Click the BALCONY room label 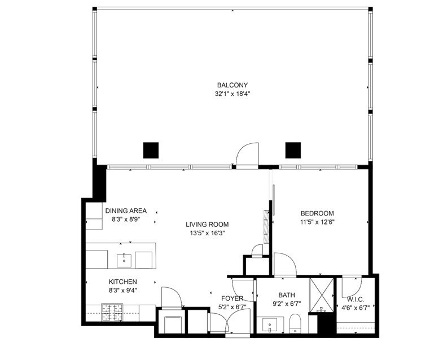click(x=232, y=85)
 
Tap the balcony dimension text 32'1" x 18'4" click(x=232, y=94)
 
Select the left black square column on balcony click(x=151, y=150)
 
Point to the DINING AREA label click(x=126, y=211)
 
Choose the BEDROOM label click(x=317, y=213)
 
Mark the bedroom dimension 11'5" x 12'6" click(x=317, y=222)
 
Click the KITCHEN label click(x=122, y=282)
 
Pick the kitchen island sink click(x=124, y=260)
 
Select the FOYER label click(x=232, y=298)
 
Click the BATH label click(x=287, y=295)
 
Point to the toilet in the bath click(x=294, y=324)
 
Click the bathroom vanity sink click(x=269, y=326)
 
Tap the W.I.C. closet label click(x=355, y=299)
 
